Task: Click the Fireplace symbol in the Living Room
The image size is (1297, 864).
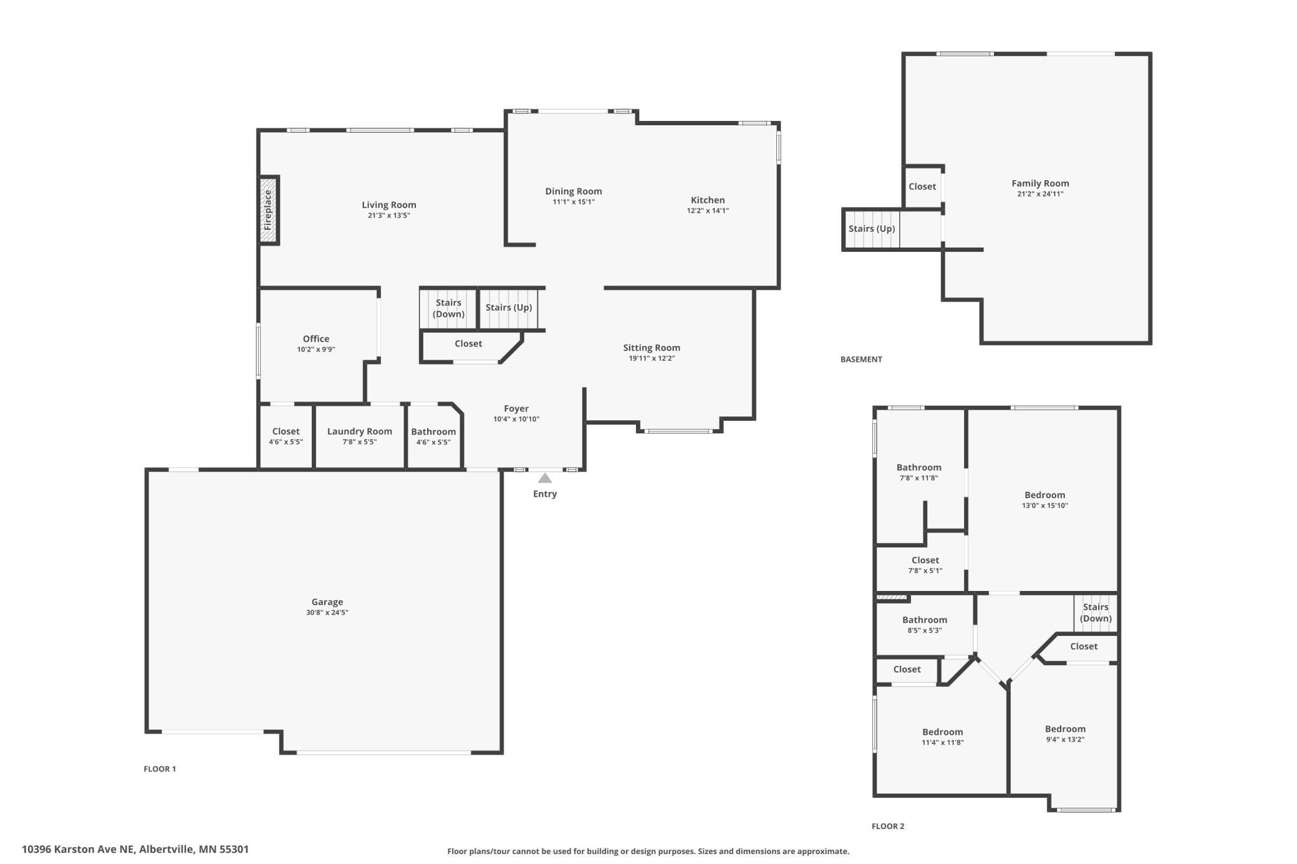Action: pyautogui.click(x=269, y=210)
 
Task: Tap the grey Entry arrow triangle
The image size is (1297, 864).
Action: pyautogui.click(x=545, y=478)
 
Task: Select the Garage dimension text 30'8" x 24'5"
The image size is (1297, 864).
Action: pyautogui.click(x=327, y=613)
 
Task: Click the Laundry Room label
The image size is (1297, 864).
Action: pyautogui.click(x=360, y=431)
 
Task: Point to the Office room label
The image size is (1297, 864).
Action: pyautogui.click(x=316, y=339)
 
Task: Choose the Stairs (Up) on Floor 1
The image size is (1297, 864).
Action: pyautogui.click(x=509, y=308)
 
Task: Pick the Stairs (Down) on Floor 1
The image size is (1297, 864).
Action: pyautogui.click(x=448, y=308)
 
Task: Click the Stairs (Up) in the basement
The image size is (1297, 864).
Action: pyautogui.click(x=872, y=229)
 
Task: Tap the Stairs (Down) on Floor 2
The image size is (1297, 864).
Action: pyautogui.click(x=1096, y=613)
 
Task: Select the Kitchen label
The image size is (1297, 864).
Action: pyautogui.click(x=708, y=200)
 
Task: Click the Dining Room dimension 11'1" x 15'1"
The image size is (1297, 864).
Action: pyautogui.click(x=574, y=202)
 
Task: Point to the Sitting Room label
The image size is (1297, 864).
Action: pyautogui.click(x=652, y=348)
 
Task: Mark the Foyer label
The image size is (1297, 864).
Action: pyautogui.click(x=516, y=409)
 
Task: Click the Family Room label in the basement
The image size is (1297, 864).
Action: pyautogui.click(x=1040, y=183)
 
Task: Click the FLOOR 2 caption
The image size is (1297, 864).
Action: pyautogui.click(x=888, y=827)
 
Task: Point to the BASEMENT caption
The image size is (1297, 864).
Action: pyautogui.click(x=861, y=360)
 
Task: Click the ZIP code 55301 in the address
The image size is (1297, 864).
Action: pyautogui.click(x=234, y=849)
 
